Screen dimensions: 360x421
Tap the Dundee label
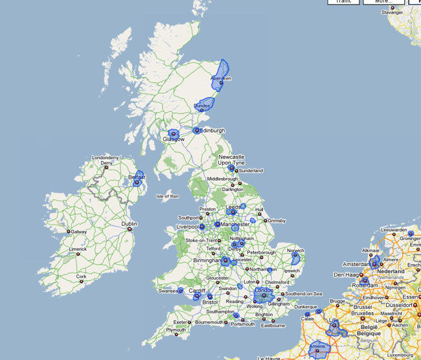click(203, 106)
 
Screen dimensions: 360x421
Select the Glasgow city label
click(173, 139)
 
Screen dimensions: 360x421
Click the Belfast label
click(137, 177)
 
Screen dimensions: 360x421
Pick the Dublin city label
click(130, 224)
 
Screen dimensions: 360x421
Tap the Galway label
click(78, 231)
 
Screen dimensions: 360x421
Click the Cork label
click(81, 276)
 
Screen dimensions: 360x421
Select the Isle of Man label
click(167, 196)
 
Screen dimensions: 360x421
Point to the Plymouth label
click(176, 330)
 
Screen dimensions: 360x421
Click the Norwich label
click(296, 251)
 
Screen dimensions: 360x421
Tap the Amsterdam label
click(356, 264)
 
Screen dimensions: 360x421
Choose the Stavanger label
click(393, 12)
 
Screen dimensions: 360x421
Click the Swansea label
click(168, 291)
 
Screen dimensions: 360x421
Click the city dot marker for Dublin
click(130, 229)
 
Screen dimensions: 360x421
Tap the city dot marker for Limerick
click(78, 254)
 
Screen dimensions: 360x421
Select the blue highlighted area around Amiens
click(319, 348)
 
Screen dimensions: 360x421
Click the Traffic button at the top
click(343, 2)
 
